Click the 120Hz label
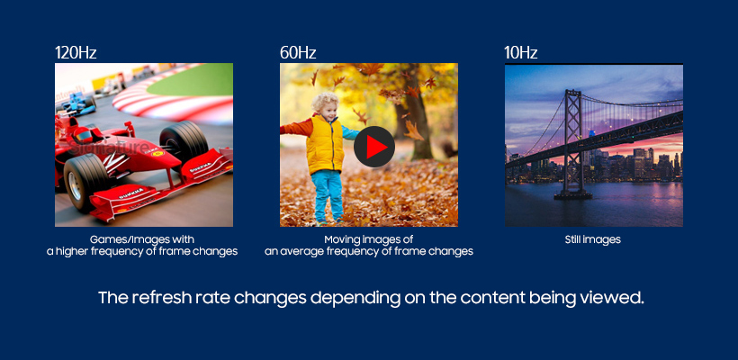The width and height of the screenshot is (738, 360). (x=76, y=52)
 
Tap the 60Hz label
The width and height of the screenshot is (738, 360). (x=298, y=52)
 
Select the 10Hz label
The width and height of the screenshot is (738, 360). (x=520, y=52)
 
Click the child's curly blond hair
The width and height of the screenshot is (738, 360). (x=326, y=102)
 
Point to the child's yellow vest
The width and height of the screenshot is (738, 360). (x=325, y=144)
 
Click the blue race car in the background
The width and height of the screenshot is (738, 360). (x=76, y=103)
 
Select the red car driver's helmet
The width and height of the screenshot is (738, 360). (x=85, y=136)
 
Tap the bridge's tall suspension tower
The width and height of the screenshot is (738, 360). (x=572, y=141)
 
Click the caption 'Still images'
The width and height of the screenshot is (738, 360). (x=592, y=239)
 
